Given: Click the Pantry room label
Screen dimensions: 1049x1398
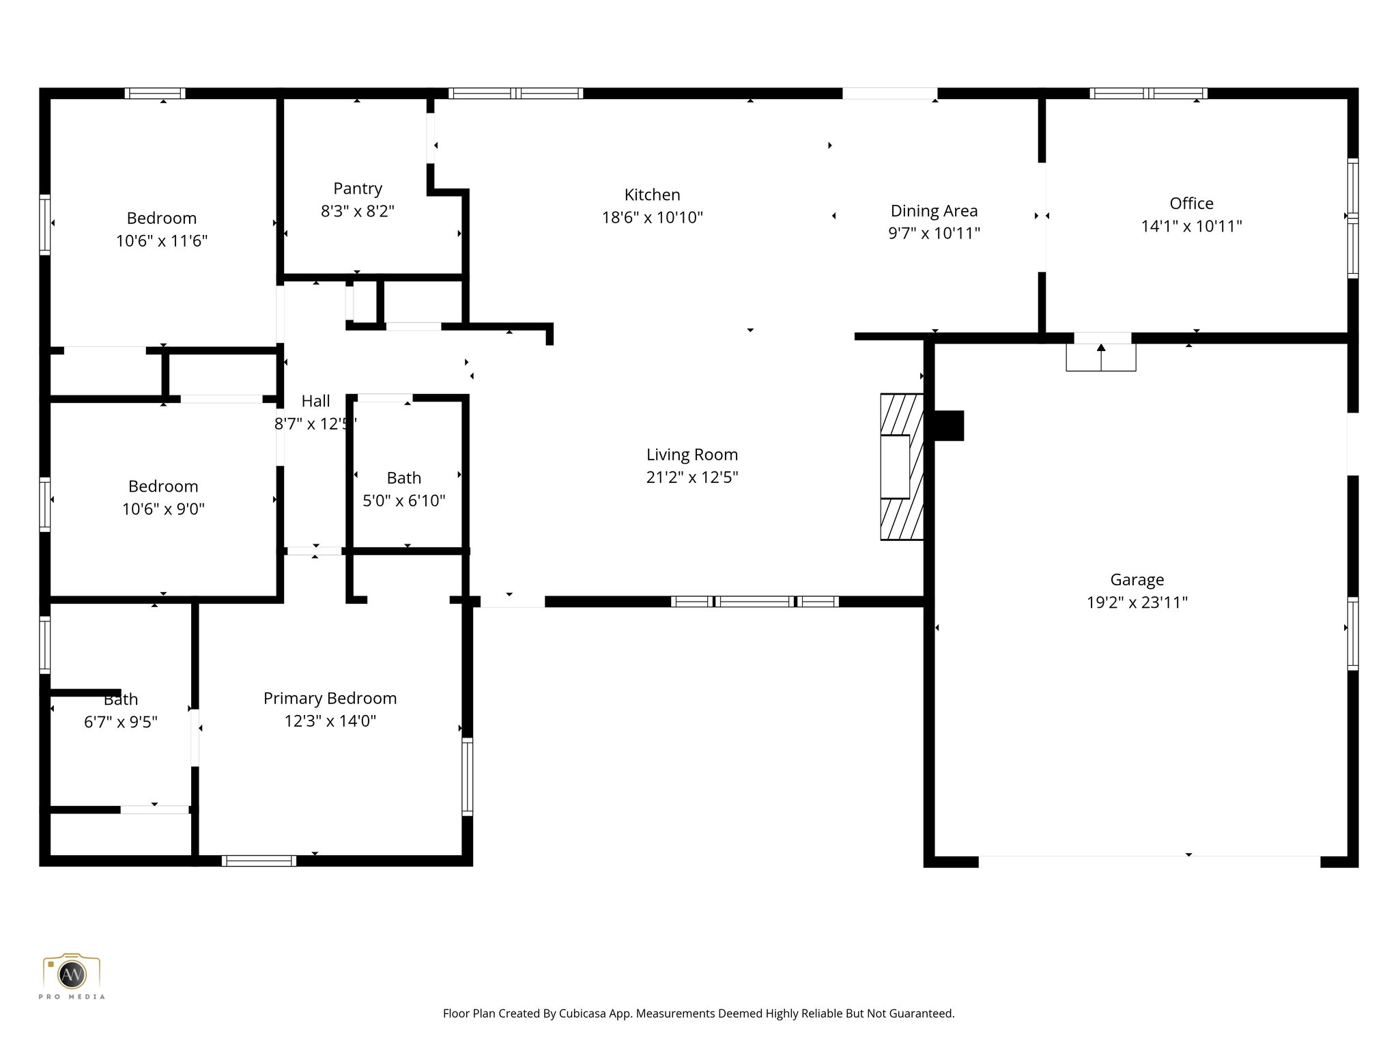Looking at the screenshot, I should coord(357,188).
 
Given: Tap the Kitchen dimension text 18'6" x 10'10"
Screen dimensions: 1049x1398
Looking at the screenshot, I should coord(652,218).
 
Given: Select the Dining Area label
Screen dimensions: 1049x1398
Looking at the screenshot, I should coord(934,211).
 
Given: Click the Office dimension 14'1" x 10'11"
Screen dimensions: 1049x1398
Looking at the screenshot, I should coord(1191,226).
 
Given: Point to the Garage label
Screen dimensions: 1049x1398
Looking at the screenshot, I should coord(1137,580).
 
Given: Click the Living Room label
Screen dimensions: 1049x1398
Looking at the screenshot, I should coord(691,455).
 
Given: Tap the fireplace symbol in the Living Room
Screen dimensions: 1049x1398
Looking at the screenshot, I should coord(901,466).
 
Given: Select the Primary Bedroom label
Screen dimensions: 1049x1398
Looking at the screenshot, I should coord(330,698).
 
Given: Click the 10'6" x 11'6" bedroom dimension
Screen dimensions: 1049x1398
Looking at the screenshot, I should coord(162,241).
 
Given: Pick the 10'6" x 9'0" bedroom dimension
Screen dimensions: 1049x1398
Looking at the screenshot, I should coord(163,509).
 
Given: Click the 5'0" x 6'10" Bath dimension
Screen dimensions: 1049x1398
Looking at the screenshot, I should coord(403,501).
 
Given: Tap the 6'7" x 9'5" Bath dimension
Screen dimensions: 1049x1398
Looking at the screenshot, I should coord(121,722).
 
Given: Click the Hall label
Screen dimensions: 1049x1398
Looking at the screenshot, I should coord(315,401).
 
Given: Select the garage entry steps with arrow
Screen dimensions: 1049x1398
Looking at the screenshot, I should coord(1100,357).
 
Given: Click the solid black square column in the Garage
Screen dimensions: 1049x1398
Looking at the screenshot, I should coord(948,425).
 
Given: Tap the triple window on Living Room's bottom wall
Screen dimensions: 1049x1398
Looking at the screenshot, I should coord(754,602).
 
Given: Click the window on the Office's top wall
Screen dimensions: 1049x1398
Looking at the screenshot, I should coord(1148,94).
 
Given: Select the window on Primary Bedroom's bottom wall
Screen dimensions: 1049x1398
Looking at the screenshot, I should coord(259,861).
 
